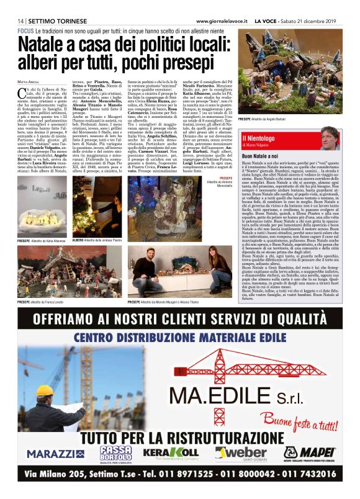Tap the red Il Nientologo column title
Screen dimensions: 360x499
[260, 138]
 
